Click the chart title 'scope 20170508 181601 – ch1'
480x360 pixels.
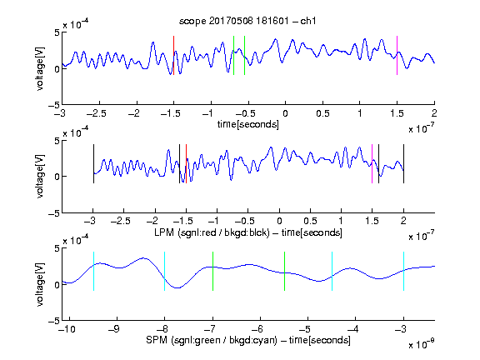(x=247, y=21)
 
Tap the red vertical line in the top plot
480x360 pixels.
(x=173, y=55)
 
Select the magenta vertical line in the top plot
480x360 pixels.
(x=397, y=55)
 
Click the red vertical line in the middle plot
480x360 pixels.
(x=186, y=164)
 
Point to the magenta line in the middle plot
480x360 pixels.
(x=372, y=164)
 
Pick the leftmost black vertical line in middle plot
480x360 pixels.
(x=93, y=164)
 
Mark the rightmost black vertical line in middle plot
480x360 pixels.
(x=404, y=164)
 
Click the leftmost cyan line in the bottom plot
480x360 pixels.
(x=93, y=271)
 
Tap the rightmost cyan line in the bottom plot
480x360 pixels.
(x=404, y=271)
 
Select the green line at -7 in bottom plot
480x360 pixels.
(x=212, y=271)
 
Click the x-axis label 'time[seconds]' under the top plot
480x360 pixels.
(x=248, y=124)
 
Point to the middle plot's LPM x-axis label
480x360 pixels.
(x=248, y=232)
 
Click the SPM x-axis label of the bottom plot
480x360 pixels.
(x=248, y=340)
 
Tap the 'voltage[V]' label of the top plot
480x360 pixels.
(x=40, y=68)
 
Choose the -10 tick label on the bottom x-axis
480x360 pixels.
(x=67, y=329)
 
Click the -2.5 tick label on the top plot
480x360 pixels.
(x=97, y=113)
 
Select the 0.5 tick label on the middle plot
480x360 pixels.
(x=310, y=221)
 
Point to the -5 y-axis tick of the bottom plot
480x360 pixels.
(x=54, y=321)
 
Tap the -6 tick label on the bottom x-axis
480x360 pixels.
(x=259, y=329)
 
